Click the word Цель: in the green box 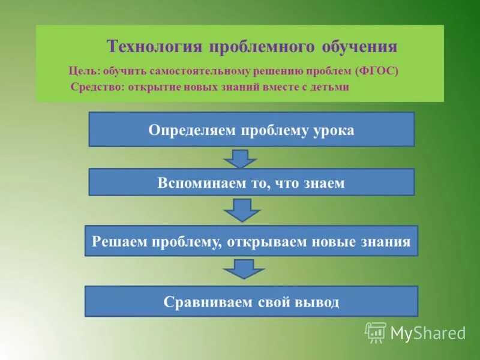tap(83, 71)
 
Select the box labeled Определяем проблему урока tap(251, 130)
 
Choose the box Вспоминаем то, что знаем tap(251, 182)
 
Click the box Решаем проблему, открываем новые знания tap(251, 241)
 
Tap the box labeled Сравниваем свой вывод tap(251, 301)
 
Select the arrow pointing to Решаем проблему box tap(242, 210)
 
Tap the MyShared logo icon tap(376, 332)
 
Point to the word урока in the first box tap(333, 130)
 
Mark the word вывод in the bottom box tap(317, 302)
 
